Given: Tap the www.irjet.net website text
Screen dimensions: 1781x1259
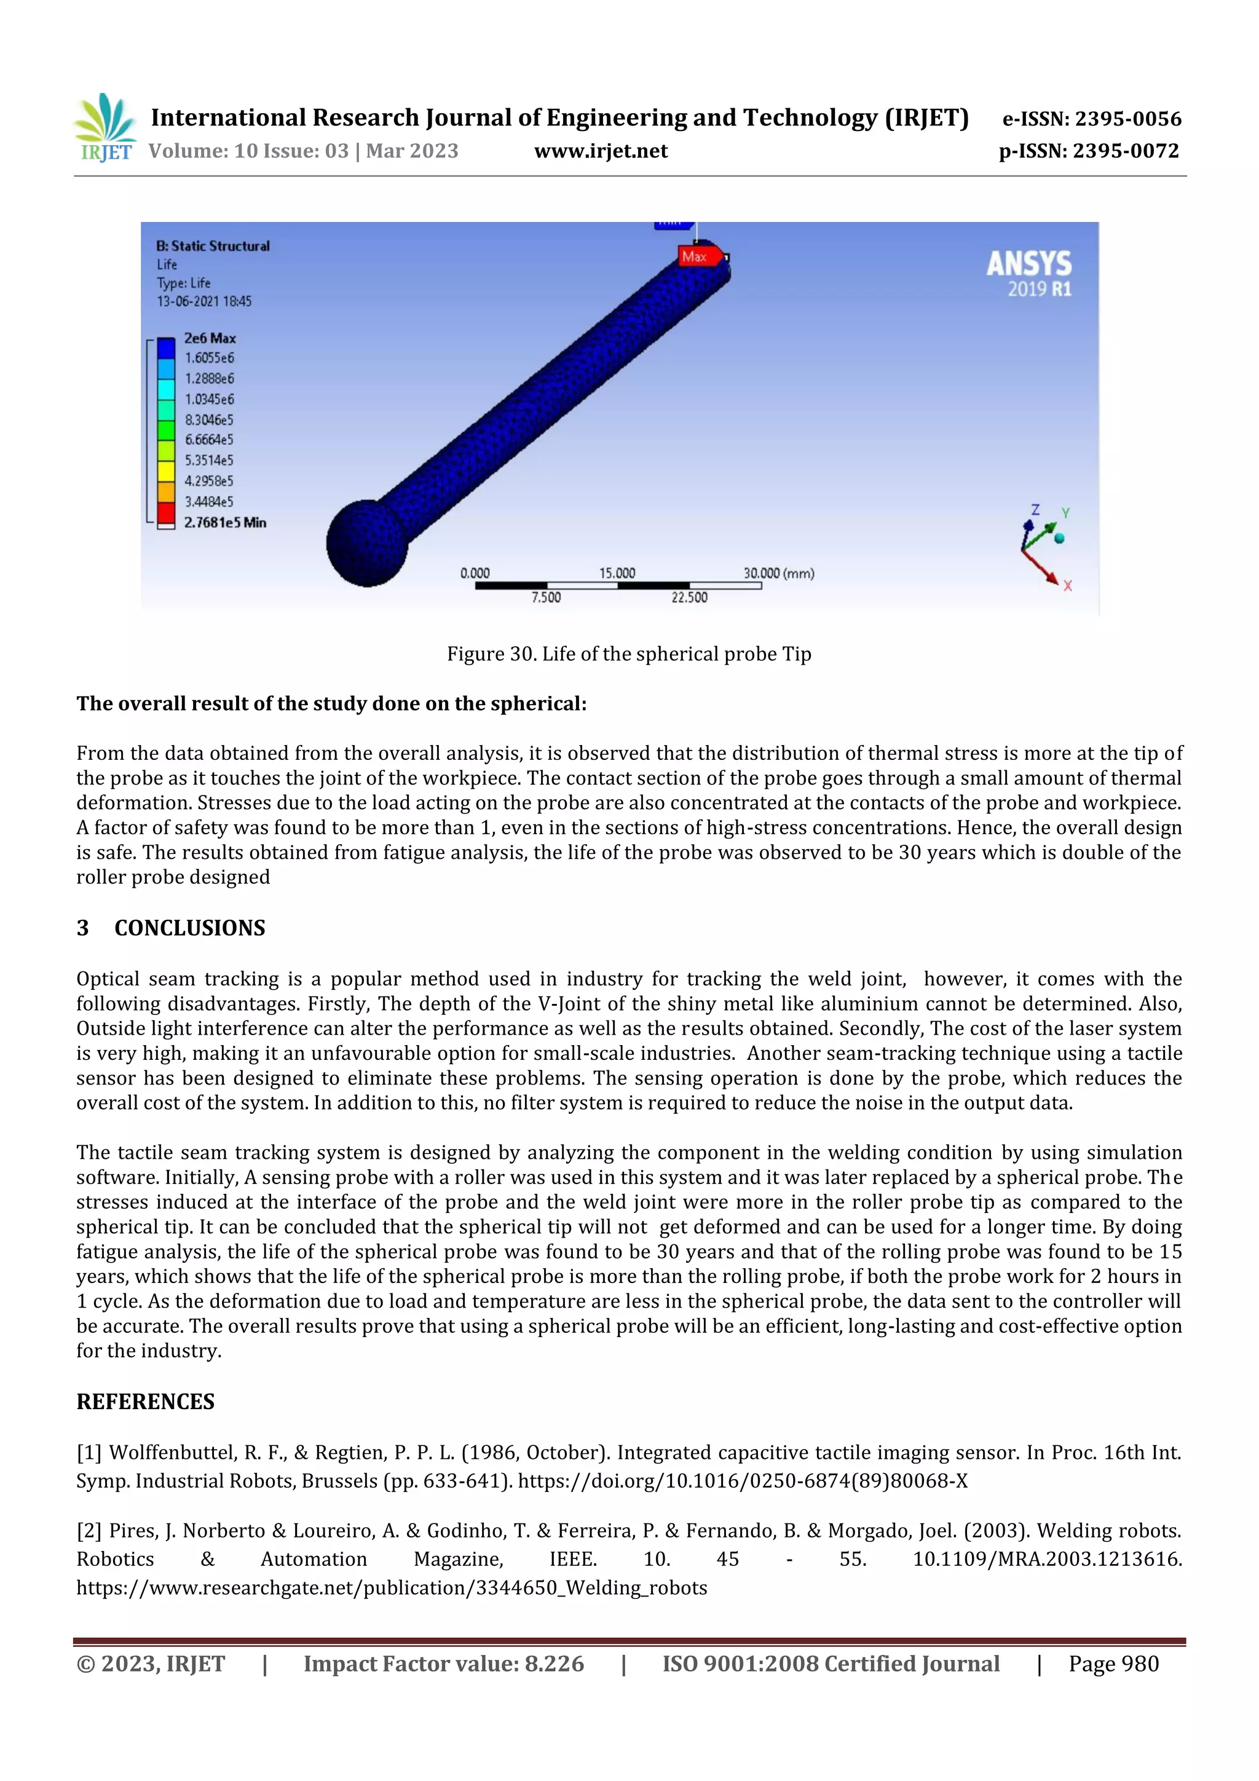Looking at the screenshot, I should (x=601, y=151).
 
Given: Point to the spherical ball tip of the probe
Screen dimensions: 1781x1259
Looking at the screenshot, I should (x=367, y=543).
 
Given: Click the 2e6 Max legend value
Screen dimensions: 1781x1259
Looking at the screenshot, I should (x=210, y=338).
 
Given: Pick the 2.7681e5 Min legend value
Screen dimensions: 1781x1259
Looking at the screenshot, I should (x=225, y=523).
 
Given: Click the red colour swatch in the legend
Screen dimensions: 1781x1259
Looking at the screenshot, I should (x=166, y=513).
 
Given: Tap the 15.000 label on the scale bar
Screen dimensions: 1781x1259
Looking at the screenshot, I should (x=617, y=573).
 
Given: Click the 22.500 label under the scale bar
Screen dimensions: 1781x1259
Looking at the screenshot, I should (x=689, y=598).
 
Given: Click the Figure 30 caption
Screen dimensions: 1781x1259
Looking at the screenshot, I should (x=628, y=654).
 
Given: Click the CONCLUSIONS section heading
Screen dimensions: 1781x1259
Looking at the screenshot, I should (x=189, y=928).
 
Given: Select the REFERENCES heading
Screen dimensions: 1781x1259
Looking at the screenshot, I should (x=145, y=1402).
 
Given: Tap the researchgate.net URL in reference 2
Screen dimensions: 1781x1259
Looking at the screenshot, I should (x=391, y=1588).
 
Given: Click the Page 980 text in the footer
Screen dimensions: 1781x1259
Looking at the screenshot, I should (x=1113, y=1664).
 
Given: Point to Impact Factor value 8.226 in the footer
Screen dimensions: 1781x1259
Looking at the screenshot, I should (x=443, y=1664).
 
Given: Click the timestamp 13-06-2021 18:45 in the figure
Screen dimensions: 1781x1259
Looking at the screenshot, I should (x=204, y=301).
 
